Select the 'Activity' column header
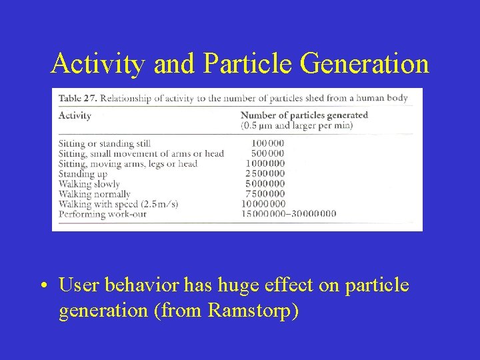point(75,115)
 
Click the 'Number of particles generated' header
point(303,115)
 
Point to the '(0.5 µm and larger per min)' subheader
point(297,125)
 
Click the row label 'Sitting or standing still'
point(105,143)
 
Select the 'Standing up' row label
point(83,173)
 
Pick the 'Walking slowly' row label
point(89,183)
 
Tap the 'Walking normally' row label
point(94,194)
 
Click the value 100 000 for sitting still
point(267,143)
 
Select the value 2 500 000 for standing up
point(265,173)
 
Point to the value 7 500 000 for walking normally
point(265,194)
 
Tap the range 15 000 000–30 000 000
point(288,214)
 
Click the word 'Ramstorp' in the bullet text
point(252,311)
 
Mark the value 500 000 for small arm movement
point(267,153)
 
